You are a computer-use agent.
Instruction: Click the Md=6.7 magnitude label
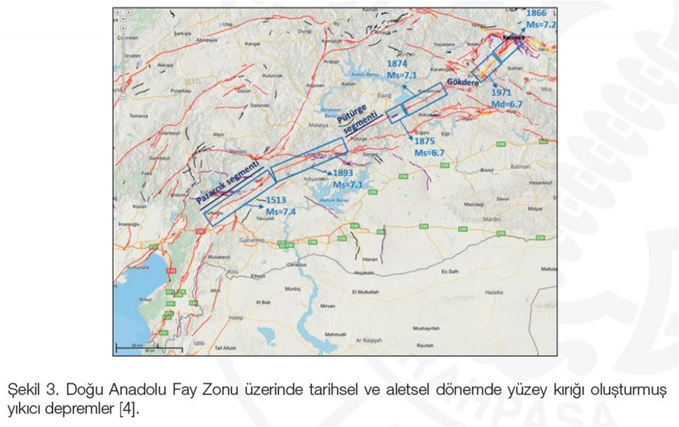pyautogui.click(x=507, y=104)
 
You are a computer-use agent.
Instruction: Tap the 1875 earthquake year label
pyautogui.click(x=425, y=142)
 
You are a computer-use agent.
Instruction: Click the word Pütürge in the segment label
pyautogui.click(x=351, y=114)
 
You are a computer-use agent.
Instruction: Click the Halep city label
pyautogui.click(x=236, y=317)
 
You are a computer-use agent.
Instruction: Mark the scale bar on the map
pyautogui.click(x=149, y=347)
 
